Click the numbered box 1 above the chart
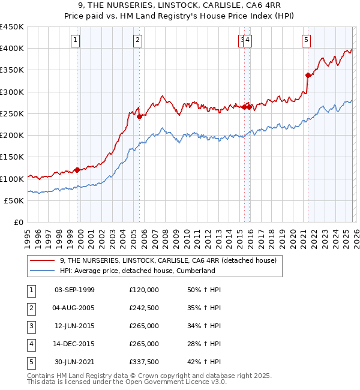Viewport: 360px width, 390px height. click(x=76, y=40)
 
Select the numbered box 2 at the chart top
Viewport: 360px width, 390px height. click(x=138, y=40)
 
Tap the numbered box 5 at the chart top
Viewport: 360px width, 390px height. click(x=306, y=40)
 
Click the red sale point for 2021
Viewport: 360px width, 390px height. click(x=308, y=75)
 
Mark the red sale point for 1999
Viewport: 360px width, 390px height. click(x=77, y=170)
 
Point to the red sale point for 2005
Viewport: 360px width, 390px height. click(x=139, y=116)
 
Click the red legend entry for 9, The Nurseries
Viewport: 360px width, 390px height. click(x=168, y=260)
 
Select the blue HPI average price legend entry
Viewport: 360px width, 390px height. click(x=137, y=271)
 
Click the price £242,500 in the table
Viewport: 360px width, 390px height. click(x=144, y=308)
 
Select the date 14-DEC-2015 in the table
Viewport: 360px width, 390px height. click(x=74, y=344)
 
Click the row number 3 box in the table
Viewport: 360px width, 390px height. click(x=31, y=326)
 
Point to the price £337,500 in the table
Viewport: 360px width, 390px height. click(x=144, y=362)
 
